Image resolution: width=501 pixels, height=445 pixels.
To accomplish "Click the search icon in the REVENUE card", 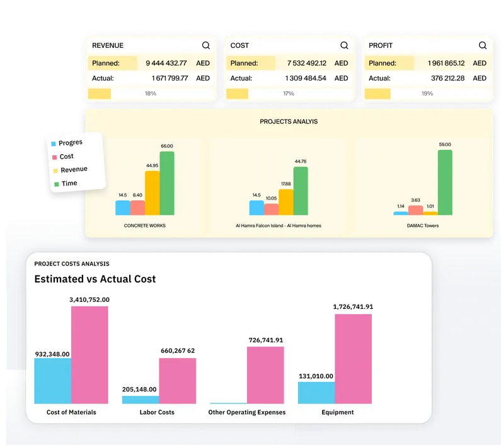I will pos(206,45).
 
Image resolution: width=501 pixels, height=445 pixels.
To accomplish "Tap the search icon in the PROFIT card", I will pos(483,45).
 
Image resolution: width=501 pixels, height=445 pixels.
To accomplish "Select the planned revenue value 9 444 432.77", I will pos(166,63).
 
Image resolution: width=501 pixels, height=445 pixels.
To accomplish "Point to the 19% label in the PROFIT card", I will pos(427,93).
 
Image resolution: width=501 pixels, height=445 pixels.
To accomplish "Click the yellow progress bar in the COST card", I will pos(237,93).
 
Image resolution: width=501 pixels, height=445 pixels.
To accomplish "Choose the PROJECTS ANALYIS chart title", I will pos(289,121).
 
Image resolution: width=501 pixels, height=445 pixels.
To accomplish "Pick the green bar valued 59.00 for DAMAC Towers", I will pos(445,183).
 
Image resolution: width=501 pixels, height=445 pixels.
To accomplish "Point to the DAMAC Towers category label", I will pos(423,225).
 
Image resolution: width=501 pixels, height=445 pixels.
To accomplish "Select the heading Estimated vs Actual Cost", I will pos(95,279).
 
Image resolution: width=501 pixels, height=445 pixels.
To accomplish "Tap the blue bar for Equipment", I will pos(316,392).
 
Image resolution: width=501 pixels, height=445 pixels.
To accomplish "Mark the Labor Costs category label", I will pos(157,412).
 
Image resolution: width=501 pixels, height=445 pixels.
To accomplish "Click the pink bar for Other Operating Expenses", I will pos(265,374).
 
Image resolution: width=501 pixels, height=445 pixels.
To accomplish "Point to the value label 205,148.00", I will pos(139,390).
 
